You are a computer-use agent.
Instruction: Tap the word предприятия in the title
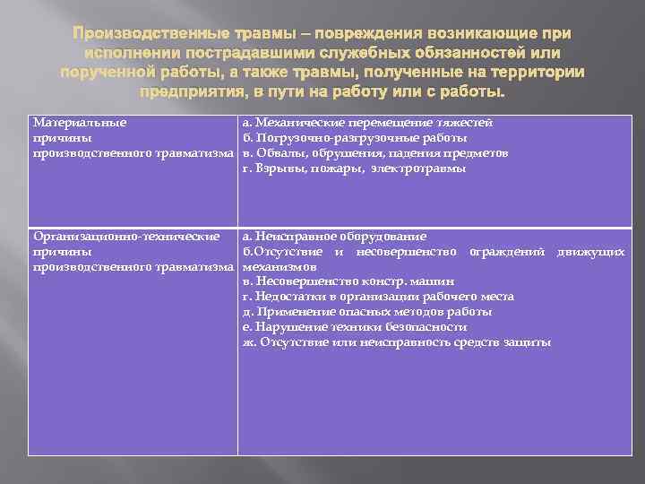click(190, 92)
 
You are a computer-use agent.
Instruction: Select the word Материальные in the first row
click(80, 122)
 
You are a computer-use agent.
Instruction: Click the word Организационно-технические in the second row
click(126, 237)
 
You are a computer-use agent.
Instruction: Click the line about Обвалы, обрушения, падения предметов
click(375, 153)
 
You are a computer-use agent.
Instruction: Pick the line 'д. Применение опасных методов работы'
click(367, 312)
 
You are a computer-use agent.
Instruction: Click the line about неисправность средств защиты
click(397, 342)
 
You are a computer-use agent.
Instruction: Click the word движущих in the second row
click(590, 252)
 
